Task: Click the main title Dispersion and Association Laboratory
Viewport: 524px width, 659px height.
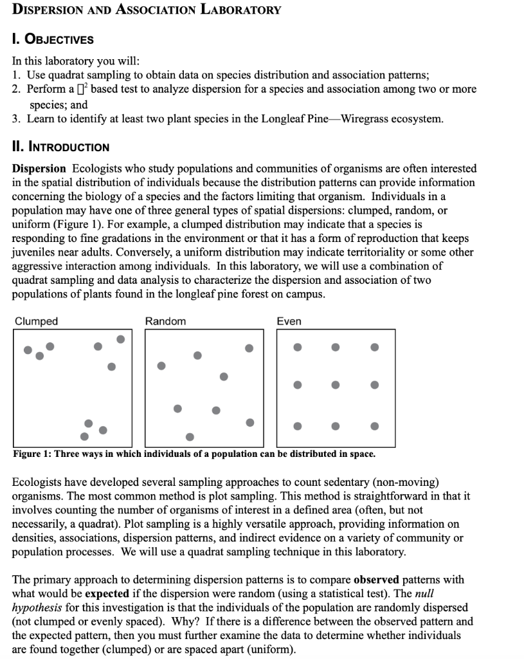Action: (x=147, y=10)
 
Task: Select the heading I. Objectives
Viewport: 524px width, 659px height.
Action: (x=53, y=39)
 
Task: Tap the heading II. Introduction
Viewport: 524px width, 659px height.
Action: (x=61, y=147)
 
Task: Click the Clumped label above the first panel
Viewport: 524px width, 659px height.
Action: (x=36, y=321)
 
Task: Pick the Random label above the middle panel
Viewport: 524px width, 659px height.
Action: (x=165, y=321)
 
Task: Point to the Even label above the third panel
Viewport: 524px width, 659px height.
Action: (x=289, y=321)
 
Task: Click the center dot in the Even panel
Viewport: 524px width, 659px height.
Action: (x=336, y=385)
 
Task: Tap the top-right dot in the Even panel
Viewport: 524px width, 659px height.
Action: (x=375, y=347)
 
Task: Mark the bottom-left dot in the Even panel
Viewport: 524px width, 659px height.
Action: (x=297, y=426)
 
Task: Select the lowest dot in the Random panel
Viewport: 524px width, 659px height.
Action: (x=190, y=436)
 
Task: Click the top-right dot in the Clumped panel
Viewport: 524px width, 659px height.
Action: (x=121, y=339)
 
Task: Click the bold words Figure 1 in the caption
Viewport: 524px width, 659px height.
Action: (x=32, y=454)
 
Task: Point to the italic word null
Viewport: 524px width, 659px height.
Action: (x=423, y=593)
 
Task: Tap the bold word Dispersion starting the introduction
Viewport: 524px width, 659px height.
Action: (x=39, y=169)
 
